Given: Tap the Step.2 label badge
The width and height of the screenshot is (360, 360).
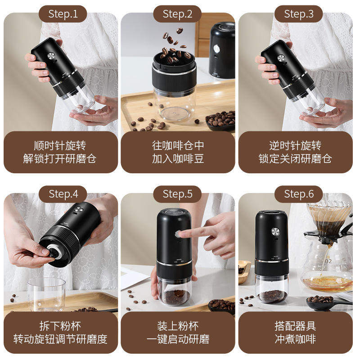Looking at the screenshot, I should (x=177, y=14).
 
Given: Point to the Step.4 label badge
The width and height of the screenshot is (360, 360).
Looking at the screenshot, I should (x=63, y=194).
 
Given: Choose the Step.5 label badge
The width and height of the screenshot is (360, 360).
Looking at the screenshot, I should (x=177, y=194).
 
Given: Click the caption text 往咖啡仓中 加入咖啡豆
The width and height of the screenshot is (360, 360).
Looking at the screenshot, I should (x=178, y=152).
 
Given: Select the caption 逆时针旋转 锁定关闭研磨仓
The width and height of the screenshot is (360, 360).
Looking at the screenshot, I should (x=295, y=152).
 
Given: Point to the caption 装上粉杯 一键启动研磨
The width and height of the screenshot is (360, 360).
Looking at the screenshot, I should (x=178, y=332).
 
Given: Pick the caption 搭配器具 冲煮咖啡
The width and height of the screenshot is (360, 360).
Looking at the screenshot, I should (x=295, y=332).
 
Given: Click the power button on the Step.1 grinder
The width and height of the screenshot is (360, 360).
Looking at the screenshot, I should (x=51, y=57).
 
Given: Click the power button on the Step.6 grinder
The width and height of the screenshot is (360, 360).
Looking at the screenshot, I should (x=275, y=231).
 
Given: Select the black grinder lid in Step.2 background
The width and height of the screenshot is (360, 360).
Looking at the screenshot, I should (x=222, y=49).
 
